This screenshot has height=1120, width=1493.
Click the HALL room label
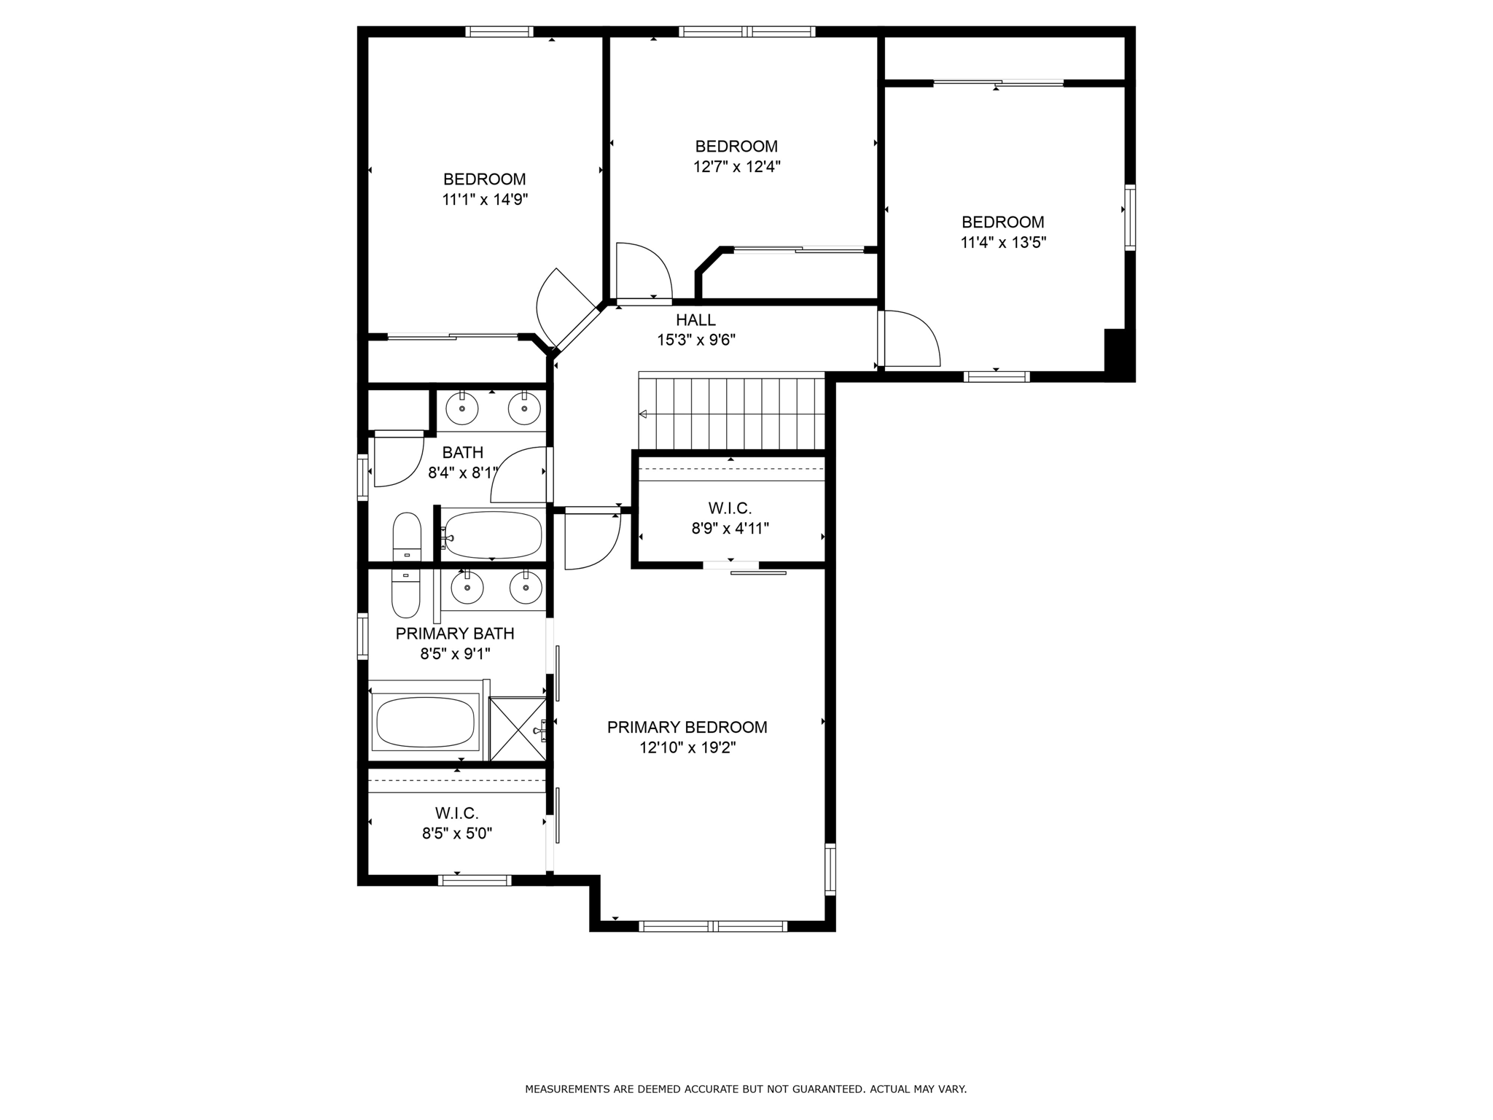tap(695, 319)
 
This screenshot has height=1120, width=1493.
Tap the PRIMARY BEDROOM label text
tap(687, 727)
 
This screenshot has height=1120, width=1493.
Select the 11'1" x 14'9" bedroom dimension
tap(485, 199)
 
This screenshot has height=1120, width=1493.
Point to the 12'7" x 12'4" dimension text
tap(736, 166)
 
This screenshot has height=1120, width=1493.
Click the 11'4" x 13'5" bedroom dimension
tap(1003, 242)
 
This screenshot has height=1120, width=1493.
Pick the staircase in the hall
tap(731, 411)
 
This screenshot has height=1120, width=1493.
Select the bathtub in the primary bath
tap(425, 723)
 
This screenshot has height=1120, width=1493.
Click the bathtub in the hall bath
tap(493, 534)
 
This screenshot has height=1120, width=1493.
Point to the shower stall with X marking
tap(518, 729)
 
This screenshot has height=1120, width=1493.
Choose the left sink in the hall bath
tap(462, 408)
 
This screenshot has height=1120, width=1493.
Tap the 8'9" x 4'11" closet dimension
tap(730, 528)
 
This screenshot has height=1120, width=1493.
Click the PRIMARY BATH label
tap(455, 634)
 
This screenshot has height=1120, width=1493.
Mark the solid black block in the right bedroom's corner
tap(1120, 355)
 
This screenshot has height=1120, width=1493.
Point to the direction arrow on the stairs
tap(642, 414)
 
